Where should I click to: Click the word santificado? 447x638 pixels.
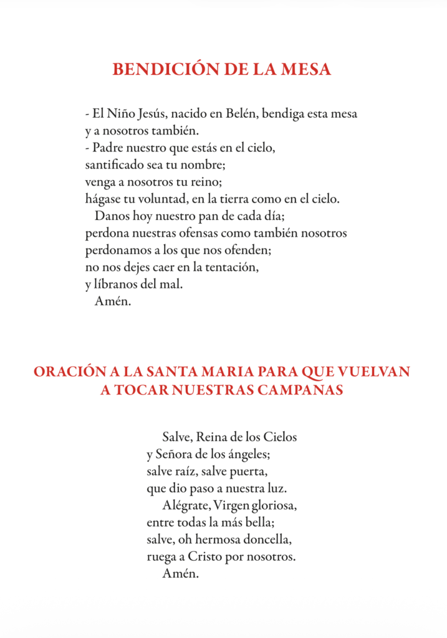[x=115, y=166]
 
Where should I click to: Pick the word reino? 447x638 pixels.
[x=206, y=183]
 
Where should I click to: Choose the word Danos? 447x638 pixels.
[x=112, y=216]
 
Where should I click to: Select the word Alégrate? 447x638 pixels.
[x=185, y=505]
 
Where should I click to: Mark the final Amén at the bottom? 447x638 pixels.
[x=180, y=573]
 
